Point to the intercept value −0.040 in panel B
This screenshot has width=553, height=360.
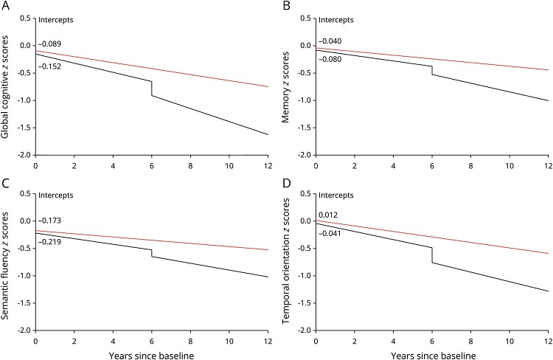coord(330,41)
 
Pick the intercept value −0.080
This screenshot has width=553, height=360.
coord(330,59)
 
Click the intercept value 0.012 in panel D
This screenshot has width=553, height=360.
coord(327,215)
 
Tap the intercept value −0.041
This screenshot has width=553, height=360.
coord(330,233)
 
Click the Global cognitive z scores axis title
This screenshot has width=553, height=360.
coord(7,83)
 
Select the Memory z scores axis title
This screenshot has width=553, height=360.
coord(286,83)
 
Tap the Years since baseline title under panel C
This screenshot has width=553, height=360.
coord(151,351)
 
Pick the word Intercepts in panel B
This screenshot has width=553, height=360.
coord(335,18)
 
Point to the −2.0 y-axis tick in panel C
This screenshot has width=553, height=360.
coord(24,330)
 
